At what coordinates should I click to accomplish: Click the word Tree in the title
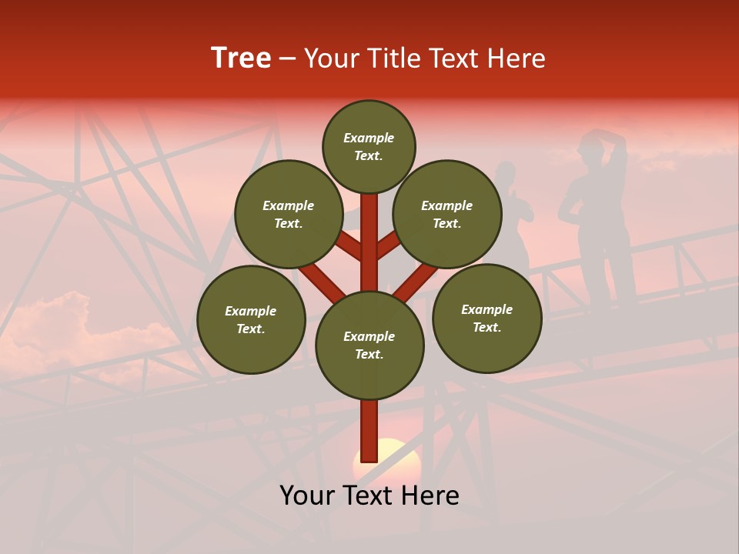pos(241,58)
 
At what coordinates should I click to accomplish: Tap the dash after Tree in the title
pos(287,59)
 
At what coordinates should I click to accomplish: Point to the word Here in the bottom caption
pos(427,496)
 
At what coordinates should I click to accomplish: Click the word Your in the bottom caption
pos(306,496)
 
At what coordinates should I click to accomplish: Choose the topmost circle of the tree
pos(369,146)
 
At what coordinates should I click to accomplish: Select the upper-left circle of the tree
pos(288,214)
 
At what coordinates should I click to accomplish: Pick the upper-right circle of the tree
pos(447,214)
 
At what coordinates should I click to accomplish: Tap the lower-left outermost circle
pos(251,319)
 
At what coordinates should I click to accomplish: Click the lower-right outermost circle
pos(487,318)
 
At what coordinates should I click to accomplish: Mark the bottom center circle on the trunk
pos(369,345)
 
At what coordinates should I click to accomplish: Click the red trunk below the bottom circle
pos(369,431)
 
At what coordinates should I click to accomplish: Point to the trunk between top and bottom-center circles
pos(369,231)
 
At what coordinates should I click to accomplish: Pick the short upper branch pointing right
pos(388,245)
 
